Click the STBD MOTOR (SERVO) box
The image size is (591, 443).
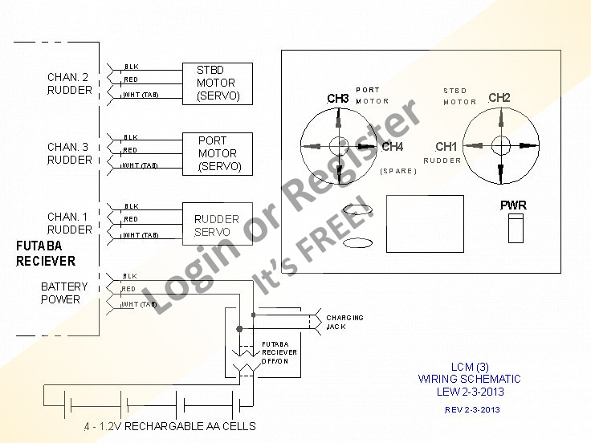[217, 83]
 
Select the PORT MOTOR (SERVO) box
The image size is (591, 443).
[217, 153]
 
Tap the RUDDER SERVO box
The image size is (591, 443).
[217, 225]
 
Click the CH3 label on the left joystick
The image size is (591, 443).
[338, 99]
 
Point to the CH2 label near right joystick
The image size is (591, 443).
[499, 98]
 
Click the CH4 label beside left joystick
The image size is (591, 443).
[393, 147]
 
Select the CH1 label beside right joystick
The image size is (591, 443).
[446, 147]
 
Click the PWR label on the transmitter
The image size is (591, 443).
[513, 206]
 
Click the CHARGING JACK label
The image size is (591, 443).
[344, 322]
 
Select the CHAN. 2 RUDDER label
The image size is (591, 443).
[70, 83]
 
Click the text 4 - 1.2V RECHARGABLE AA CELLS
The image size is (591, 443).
[169, 425]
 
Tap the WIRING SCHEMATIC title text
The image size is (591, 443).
[469, 379]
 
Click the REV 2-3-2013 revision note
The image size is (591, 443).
[472, 409]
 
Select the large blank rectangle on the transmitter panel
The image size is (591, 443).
[424, 222]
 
